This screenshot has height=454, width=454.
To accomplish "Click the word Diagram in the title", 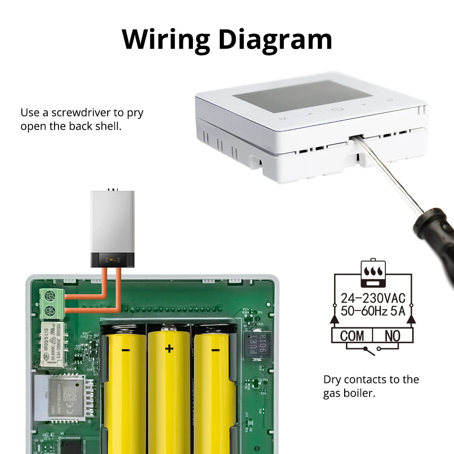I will (x=275, y=39).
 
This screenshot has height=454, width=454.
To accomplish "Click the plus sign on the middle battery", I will (x=169, y=349).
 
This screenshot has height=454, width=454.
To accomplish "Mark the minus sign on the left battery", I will (x=126, y=350).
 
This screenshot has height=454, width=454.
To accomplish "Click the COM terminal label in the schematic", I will (x=352, y=336).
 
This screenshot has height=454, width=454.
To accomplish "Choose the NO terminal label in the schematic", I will (x=392, y=336).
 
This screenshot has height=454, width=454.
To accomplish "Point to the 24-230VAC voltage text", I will (x=373, y=298).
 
